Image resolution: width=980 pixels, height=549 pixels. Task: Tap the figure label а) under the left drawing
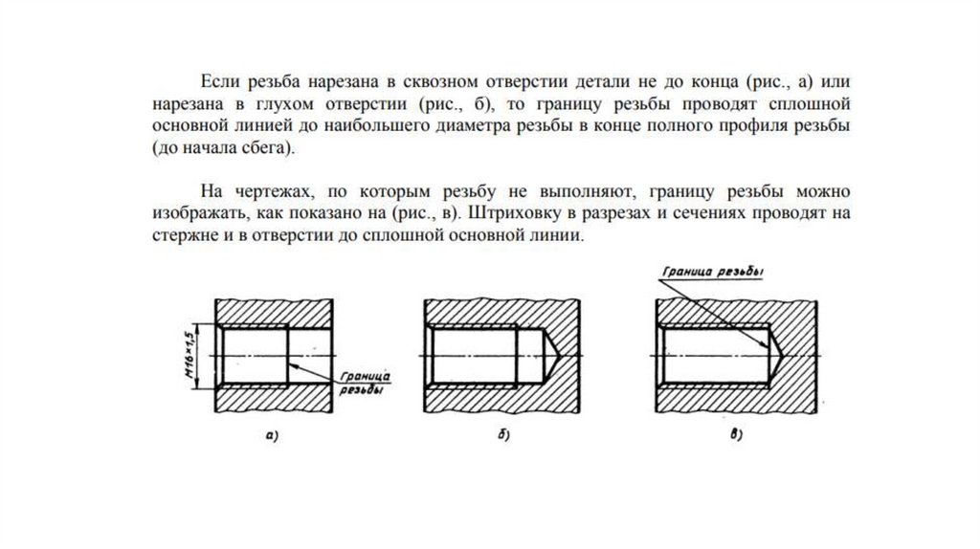point(272,437)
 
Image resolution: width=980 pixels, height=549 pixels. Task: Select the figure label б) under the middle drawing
point(503,437)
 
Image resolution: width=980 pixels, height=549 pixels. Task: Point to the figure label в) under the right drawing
point(736,437)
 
